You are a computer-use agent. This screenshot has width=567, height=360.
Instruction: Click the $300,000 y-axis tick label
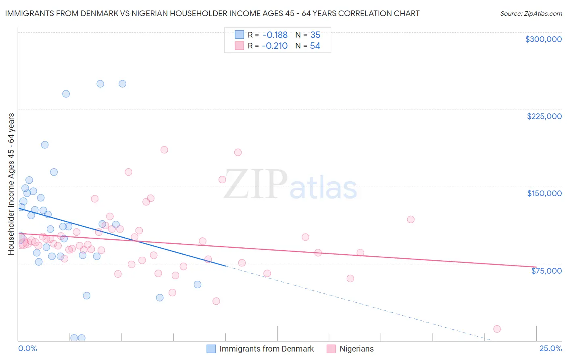tap(543, 39)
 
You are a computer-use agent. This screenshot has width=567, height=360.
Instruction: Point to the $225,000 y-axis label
tap(544, 116)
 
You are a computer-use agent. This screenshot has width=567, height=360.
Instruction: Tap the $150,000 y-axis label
tap(544, 193)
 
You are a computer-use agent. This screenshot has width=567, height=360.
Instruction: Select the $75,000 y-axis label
tap(546, 271)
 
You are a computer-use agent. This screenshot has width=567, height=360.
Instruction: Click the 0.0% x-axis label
tap(27, 348)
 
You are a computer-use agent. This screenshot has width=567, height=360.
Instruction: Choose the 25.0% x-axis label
tap(550, 348)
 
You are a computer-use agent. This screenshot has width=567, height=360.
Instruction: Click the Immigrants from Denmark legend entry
tap(266, 349)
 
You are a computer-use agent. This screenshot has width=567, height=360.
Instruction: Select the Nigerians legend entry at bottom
tap(356, 349)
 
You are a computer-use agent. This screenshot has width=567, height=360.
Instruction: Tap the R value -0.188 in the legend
tap(275, 35)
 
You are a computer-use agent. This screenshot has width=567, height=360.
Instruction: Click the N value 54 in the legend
tap(315, 46)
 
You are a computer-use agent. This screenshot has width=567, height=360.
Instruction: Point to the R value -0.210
tap(275, 46)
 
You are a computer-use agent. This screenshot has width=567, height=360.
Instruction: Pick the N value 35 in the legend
tap(315, 35)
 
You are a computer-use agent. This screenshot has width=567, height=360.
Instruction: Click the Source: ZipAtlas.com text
tap(531, 14)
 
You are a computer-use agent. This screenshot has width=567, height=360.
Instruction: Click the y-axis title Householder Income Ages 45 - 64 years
tap(11, 184)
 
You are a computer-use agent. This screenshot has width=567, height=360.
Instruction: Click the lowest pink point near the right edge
tap(497, 329)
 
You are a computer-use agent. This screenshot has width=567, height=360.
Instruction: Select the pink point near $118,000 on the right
tap(411, 220)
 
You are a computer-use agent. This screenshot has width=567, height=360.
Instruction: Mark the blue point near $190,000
tap(45, 145)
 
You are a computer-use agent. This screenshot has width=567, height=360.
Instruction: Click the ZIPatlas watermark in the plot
tap(290, 185)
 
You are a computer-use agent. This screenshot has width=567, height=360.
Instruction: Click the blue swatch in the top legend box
tap(239, 35)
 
